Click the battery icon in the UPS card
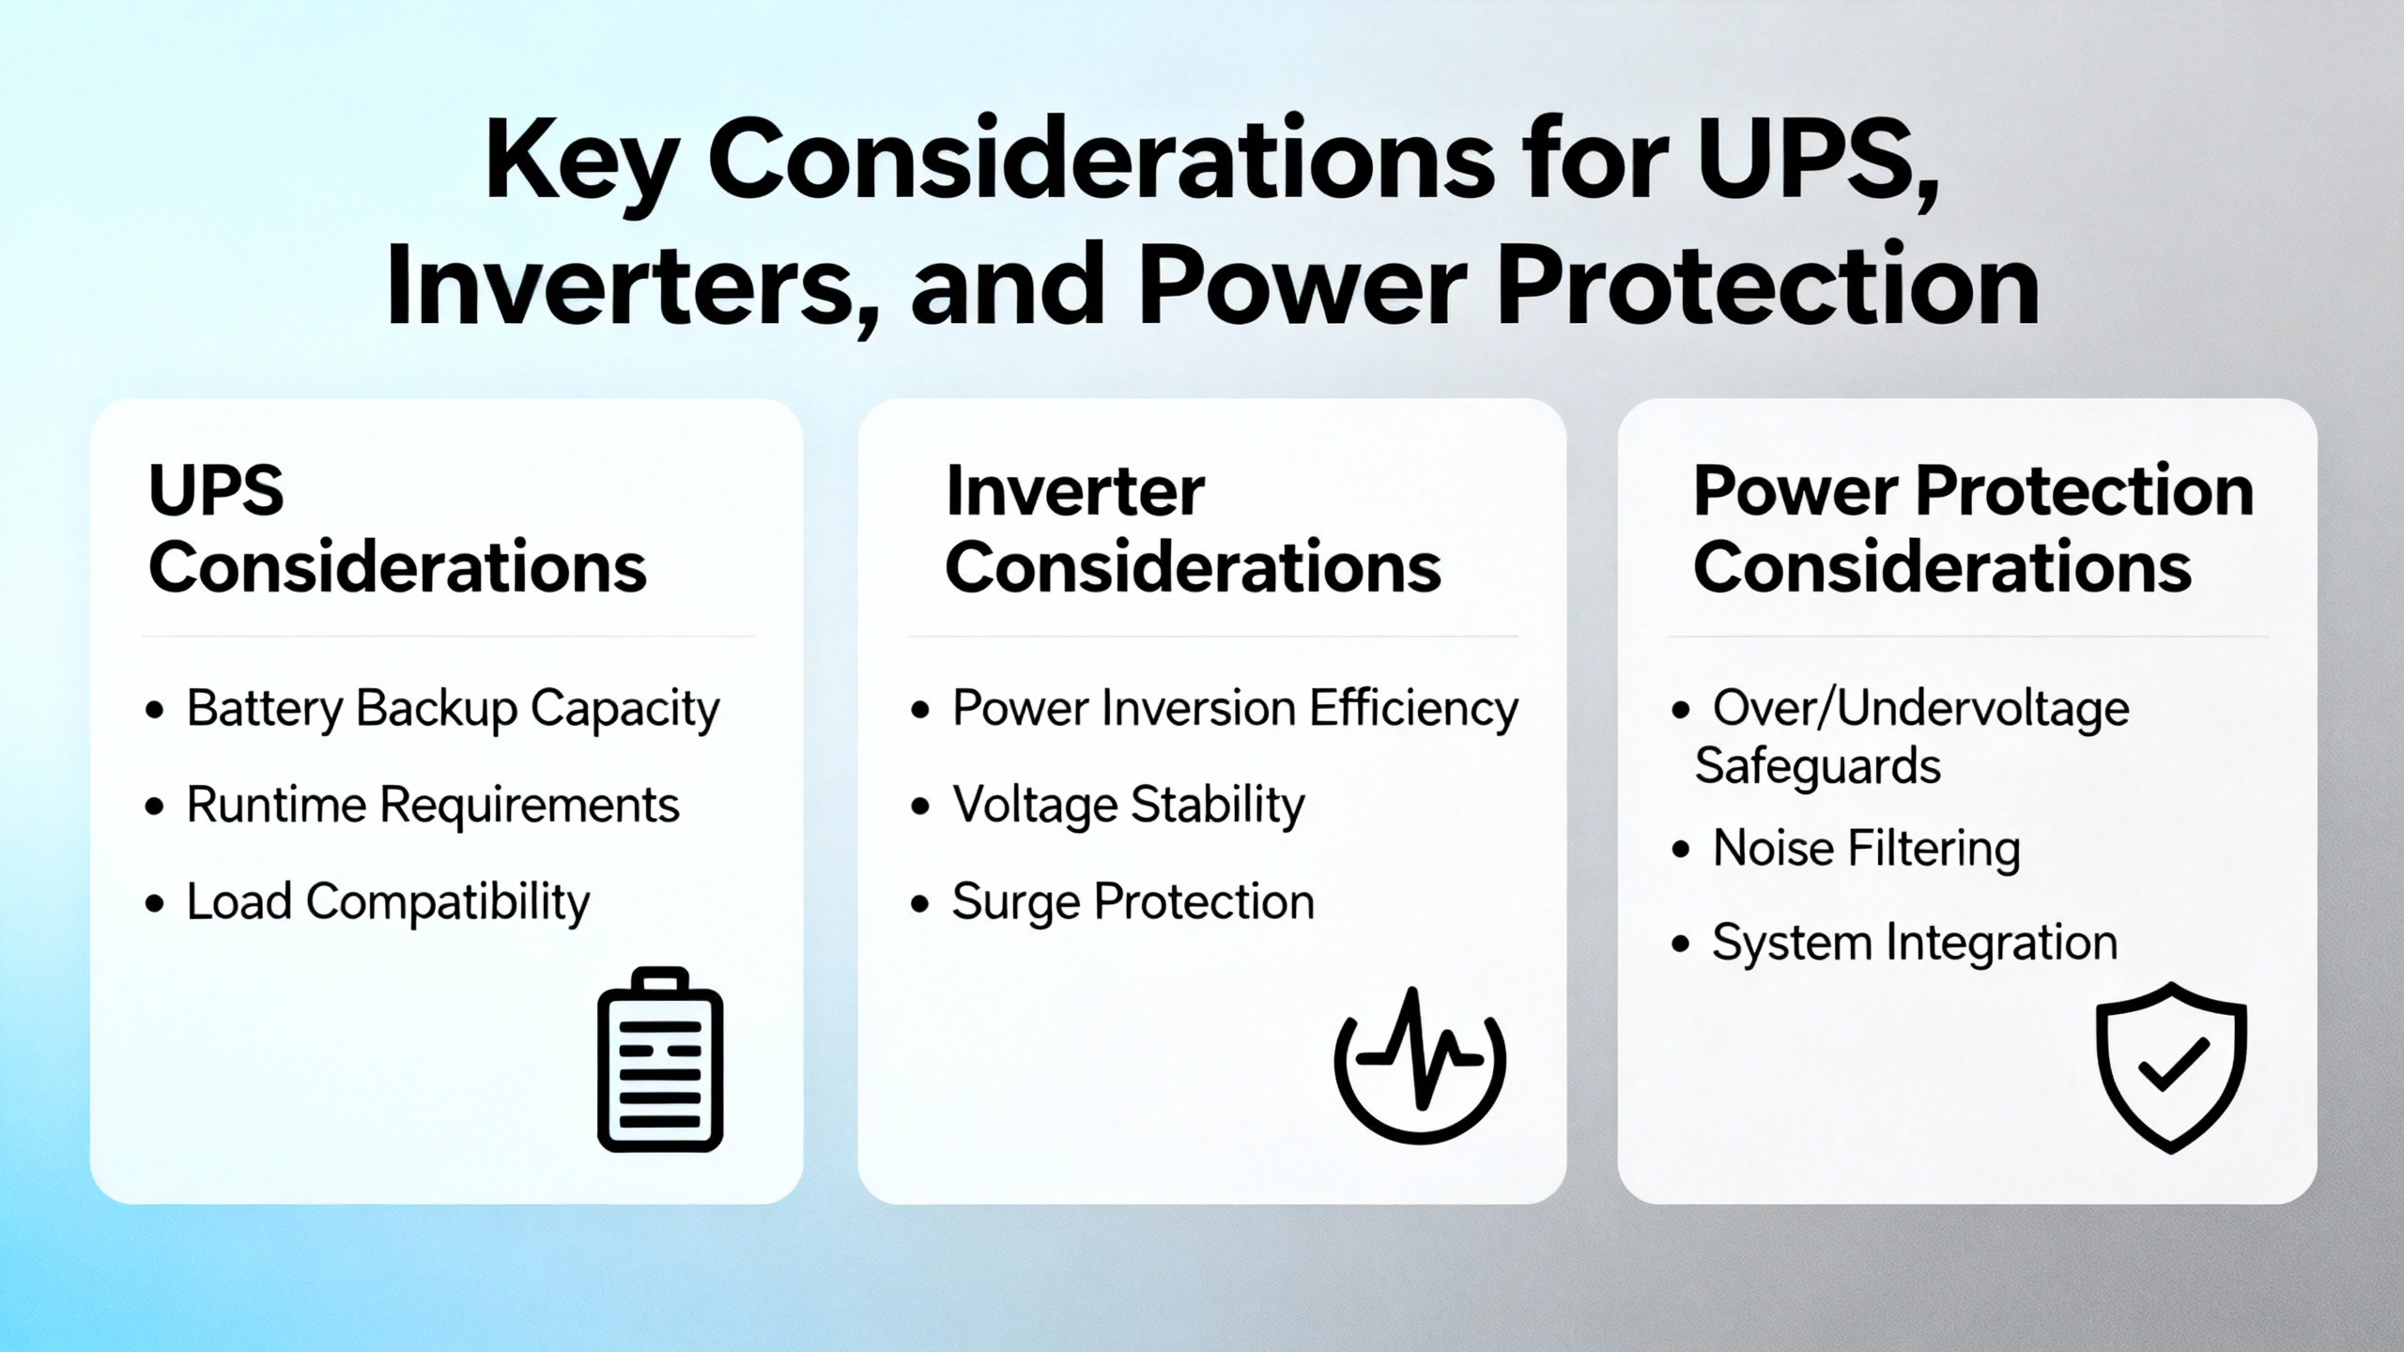660,1059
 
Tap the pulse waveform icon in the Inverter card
1420,1065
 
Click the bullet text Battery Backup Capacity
453,709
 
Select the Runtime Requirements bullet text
433,806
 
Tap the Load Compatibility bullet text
388,902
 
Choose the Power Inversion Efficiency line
1235,709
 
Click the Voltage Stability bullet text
1129,806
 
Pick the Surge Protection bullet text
1133,902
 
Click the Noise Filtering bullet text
1866,849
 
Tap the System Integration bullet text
1915,943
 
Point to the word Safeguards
1817,766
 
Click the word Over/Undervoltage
1920,709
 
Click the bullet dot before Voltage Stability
920,806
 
